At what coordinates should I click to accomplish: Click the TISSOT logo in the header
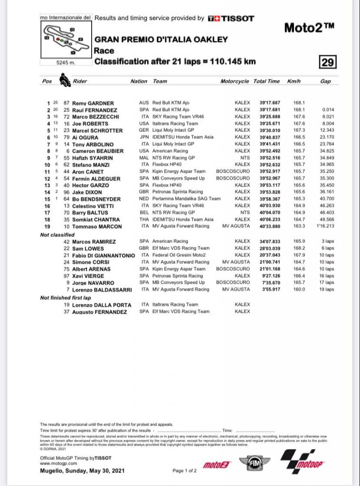tap(231, 19)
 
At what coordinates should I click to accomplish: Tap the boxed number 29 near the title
tap(329, 62)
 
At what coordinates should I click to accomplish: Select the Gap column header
tap(325, 82)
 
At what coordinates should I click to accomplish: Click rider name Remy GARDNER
tap(93, 103)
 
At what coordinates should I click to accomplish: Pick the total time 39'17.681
tap(270, 110)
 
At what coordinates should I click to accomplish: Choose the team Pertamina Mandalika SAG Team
tap(187, 199)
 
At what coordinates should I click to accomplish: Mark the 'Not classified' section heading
tap(57, 235)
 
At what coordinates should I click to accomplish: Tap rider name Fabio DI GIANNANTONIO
tap(104, 255)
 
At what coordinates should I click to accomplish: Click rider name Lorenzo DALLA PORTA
tap(102, 305)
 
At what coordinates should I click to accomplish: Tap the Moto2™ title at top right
tap(309, 28)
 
